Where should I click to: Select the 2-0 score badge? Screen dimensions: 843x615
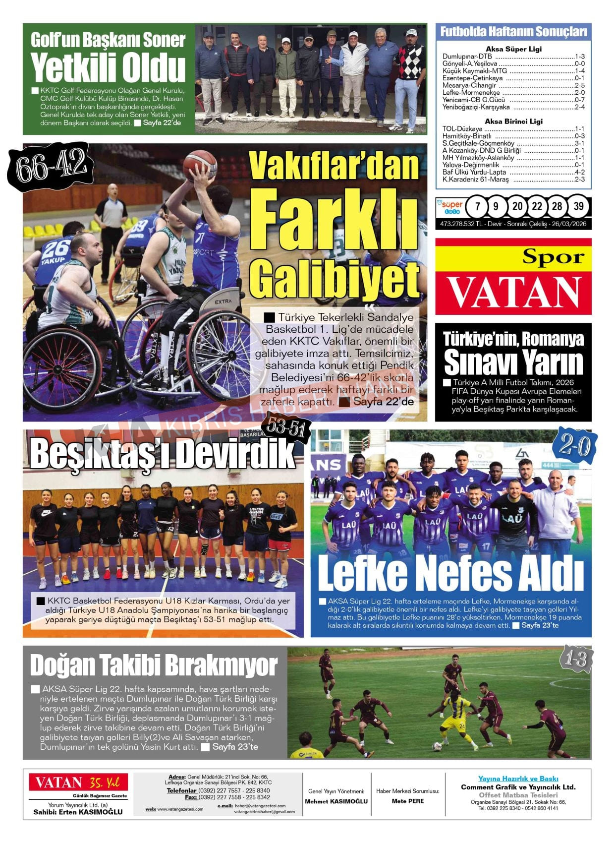[x=575, y=446]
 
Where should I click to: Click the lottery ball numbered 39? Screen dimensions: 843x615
[x=578, y=206]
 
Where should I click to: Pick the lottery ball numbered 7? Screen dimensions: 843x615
[x=477, y=206]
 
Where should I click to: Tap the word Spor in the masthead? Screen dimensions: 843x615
[x=553, y=257]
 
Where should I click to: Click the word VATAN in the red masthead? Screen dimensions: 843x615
[x=513, y=293]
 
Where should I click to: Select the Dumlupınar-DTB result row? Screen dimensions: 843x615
[x=513, y=57]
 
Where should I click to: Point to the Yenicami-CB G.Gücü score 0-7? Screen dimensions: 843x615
[x=579, y=100]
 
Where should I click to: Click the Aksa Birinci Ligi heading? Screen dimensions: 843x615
[x=513, y=121]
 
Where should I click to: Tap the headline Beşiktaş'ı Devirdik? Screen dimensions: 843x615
[x=162, y=453]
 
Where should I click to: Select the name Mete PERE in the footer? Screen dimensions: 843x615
[x=407, y=801]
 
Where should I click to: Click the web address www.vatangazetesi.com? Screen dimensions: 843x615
[x=180, y=809]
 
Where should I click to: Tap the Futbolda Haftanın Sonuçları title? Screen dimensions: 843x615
[x=513, y=32]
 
